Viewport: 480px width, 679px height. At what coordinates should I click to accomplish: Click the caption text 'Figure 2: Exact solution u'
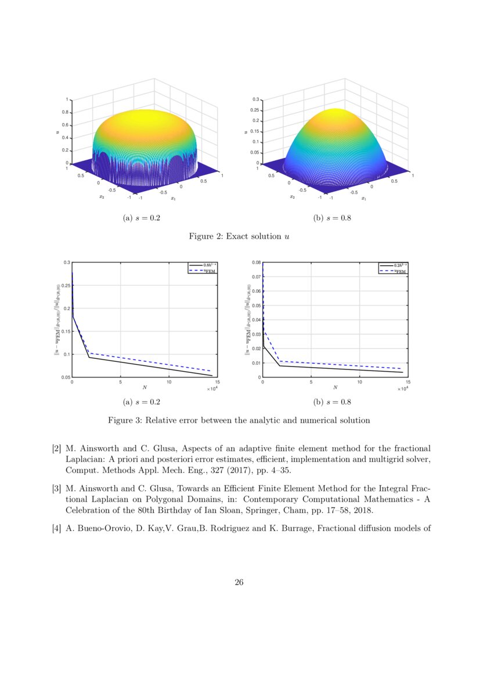tap(240, 236)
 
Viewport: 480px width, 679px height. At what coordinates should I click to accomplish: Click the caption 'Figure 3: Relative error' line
tap(239, 420)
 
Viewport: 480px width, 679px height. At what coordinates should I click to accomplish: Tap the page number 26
tap(239, 583)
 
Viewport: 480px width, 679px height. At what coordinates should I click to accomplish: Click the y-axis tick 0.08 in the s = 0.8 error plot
tap(255, 263)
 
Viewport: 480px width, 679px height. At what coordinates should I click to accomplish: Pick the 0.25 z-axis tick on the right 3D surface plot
tap(254, 110)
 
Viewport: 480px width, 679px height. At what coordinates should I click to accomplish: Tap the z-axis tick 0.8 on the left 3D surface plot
tap(66, 112)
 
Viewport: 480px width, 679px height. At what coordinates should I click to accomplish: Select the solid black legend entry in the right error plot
tap(392, 265)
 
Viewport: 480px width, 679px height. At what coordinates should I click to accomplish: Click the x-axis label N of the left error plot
tap(145, 387)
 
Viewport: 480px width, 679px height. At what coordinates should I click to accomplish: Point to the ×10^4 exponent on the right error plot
tap(402, 389)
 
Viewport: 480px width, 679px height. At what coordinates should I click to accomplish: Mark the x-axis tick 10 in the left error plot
tap(169, 382)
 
